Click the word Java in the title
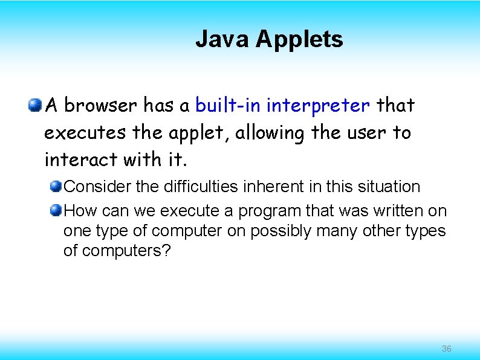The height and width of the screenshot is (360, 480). point(221,39)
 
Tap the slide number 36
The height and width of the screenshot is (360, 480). point(447,349)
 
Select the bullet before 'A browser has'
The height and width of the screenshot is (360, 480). point(35,106)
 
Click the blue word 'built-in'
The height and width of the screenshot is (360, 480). point(228,106)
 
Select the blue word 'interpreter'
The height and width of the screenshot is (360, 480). point(318,106)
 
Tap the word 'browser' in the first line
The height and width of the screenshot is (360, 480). point(100,106)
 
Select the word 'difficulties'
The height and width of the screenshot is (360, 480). point(201,187)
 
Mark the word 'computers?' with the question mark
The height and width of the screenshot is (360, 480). point(118,251)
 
